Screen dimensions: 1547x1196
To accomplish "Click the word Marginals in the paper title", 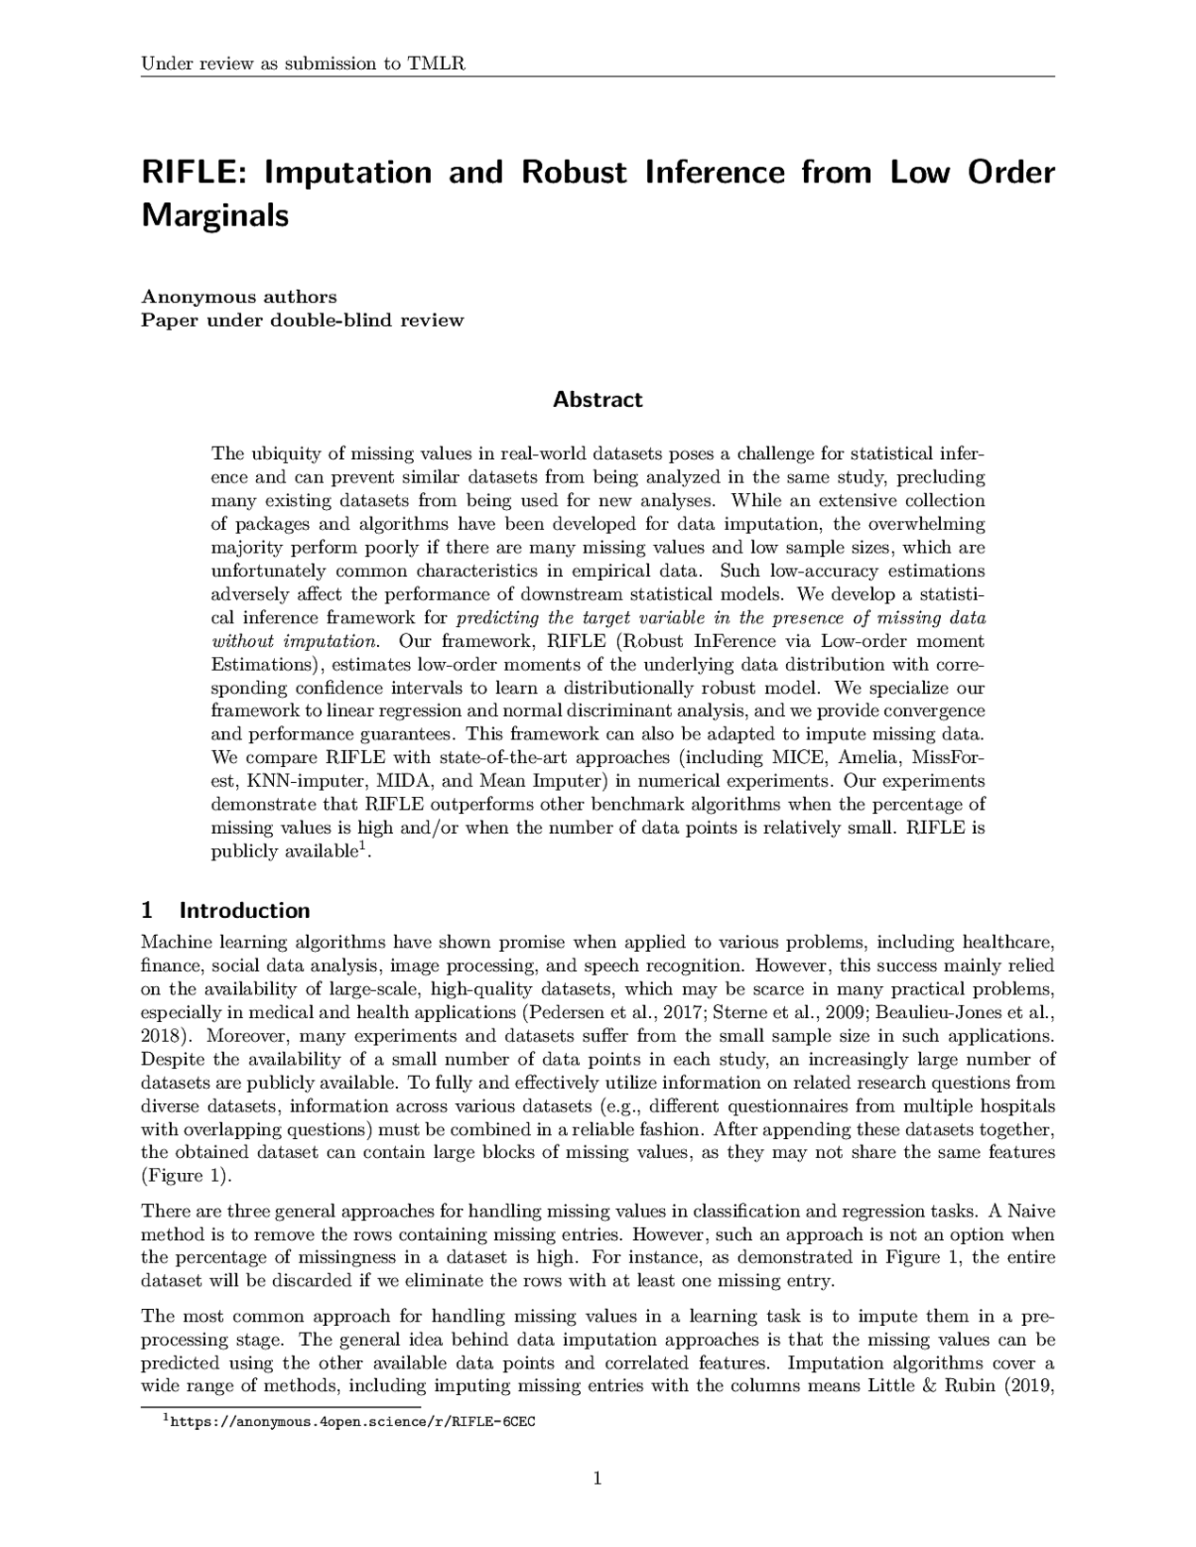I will point(214,215).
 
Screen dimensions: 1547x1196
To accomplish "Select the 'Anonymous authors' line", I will point(238,297).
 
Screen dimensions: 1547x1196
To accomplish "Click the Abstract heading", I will point(597,399).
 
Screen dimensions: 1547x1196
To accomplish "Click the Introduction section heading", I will point(245,910).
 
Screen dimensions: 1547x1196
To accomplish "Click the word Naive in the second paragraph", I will point(1034,1212).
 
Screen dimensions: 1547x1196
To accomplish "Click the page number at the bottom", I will point(597,1478).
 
